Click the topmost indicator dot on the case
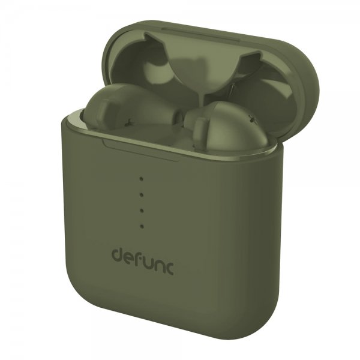click(x=142, y=179)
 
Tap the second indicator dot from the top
click(x=142, y=194)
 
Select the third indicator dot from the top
click(x=142, y=211)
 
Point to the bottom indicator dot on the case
click(x=142, y=227)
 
